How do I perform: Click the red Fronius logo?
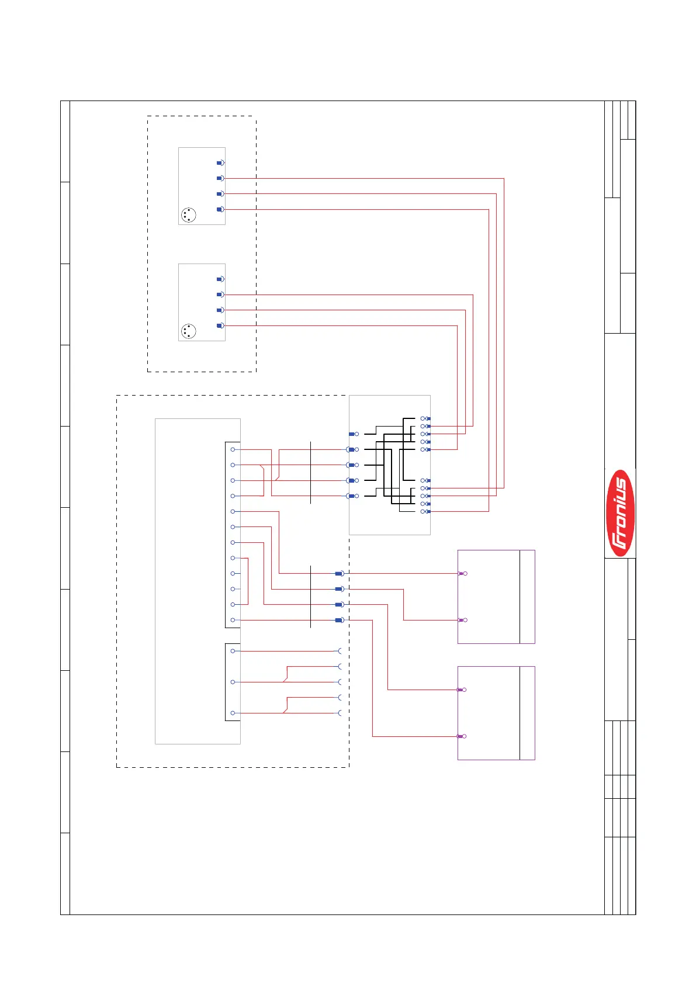(620, 512)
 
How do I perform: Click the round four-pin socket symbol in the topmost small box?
(188, 215)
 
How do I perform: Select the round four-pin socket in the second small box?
(188, 331)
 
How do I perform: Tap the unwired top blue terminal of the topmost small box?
(220, 163)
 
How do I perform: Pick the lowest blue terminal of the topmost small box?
(220, 209)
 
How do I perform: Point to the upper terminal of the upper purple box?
(462, 574)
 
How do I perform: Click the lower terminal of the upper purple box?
(462, 620)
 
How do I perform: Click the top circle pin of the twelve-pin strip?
(233, 449)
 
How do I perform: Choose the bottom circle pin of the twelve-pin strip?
(233, 620)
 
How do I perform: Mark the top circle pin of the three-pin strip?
(233, 651)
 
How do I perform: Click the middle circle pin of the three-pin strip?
(233, 682)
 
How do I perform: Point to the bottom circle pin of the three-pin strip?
(233, 713)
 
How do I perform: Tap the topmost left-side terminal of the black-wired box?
(354, 434)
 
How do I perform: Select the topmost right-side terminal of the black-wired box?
(425, 419)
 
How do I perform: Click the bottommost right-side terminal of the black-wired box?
(425, 511)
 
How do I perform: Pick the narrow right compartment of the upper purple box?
(527, 597)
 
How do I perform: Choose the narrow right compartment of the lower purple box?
(527, 713)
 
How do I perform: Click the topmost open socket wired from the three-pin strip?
(340, 651)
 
